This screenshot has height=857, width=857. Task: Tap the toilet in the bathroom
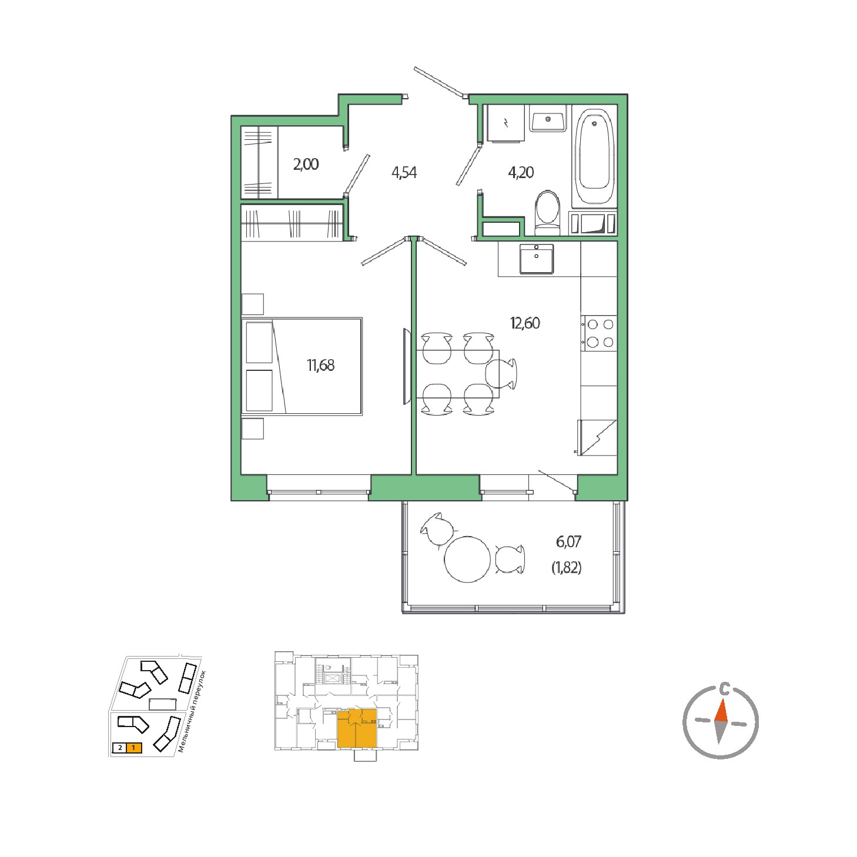547,213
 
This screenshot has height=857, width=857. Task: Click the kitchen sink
537,259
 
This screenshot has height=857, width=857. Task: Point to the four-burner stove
598,333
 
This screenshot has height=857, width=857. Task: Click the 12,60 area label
525,323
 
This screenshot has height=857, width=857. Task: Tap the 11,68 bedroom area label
321,365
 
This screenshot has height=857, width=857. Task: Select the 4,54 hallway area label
404,172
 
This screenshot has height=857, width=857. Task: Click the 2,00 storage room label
306,165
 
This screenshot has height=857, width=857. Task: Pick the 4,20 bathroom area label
521,172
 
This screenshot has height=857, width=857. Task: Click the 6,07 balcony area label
568,541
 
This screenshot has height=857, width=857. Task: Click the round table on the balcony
467,559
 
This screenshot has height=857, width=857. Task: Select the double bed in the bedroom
302,366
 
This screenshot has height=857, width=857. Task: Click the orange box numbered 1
133,748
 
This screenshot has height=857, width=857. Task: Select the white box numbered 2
120,748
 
